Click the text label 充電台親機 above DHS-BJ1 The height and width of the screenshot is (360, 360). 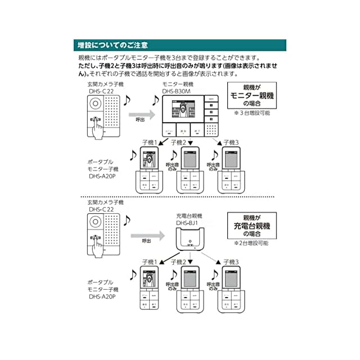pyautogui.click(x=189, y=215)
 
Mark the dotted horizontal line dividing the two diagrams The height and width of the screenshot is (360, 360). pyautogui.click(x=180, y=197)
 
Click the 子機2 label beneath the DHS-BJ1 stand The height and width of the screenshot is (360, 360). pyautogui.click(x=178, y=262)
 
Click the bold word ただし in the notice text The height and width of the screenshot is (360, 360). pyautogui.click(x=88, y=66)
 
